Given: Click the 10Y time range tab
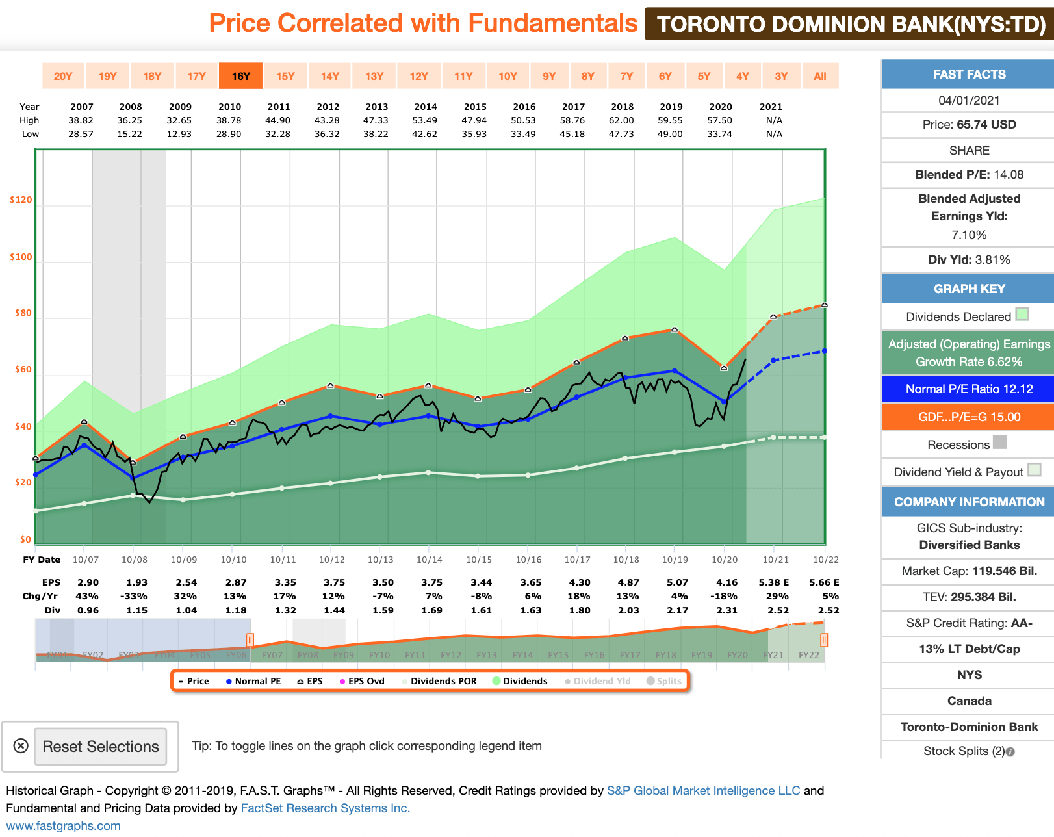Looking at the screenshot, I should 508,76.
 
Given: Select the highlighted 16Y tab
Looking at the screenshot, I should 240,76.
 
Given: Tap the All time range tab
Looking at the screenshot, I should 820,76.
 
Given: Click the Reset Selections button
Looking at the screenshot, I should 101,747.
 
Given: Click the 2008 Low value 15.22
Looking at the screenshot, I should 130,134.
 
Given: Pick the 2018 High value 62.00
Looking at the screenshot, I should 622,120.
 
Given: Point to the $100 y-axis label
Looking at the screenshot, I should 21,257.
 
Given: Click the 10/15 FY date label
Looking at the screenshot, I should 479,560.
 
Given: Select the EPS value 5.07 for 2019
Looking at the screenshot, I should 677,582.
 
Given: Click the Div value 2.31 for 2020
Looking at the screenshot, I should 726,610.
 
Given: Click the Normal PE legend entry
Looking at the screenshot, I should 253,681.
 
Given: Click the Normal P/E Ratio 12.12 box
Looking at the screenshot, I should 968,389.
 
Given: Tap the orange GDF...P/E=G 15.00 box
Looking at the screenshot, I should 968,417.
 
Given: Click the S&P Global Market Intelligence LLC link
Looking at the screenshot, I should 703,791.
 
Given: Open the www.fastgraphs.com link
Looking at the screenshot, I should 63,826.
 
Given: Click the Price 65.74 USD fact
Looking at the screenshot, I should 968,125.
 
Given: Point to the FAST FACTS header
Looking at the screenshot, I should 968,75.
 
